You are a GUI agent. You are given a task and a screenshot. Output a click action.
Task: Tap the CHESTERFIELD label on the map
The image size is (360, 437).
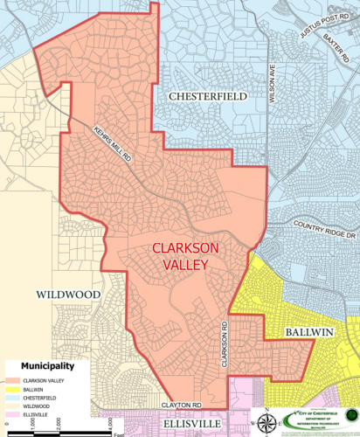click(x=208, y=95)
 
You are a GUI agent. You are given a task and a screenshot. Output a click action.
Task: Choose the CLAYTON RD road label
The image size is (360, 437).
click(x=182, y=406)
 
